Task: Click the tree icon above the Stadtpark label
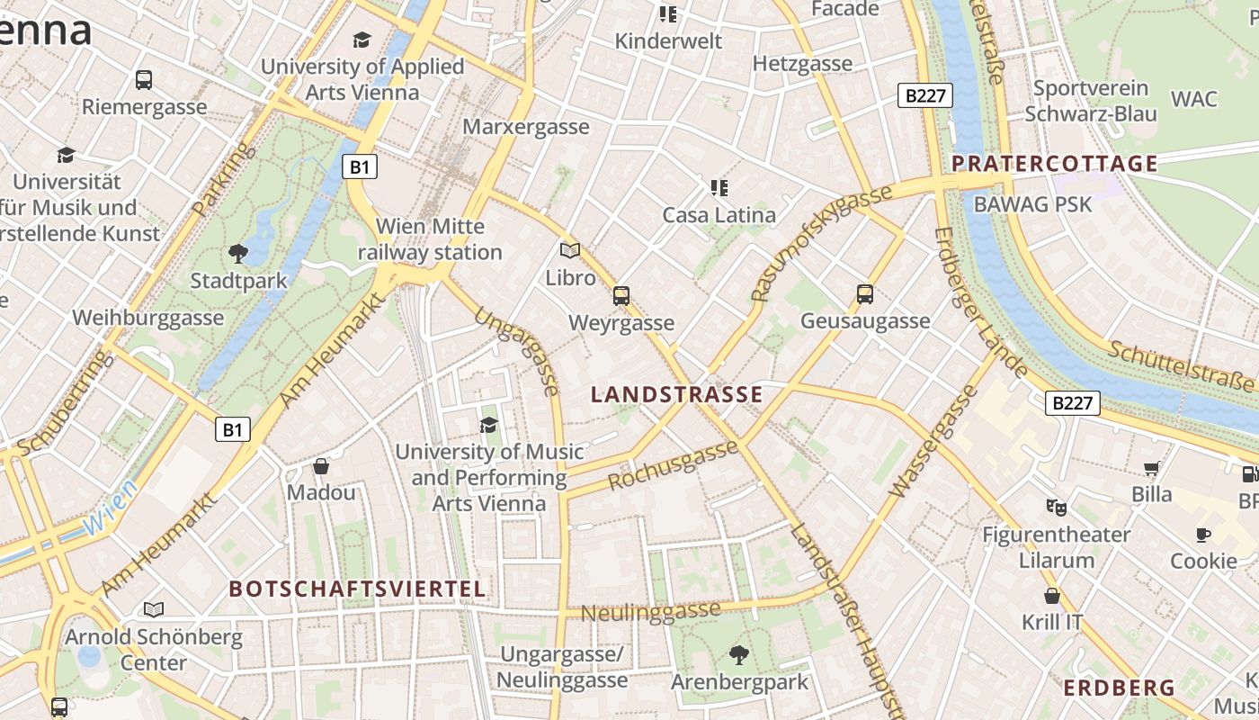(238, 253)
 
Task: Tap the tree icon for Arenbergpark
(739, 654)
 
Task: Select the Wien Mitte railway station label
(430, 239)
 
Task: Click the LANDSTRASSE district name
(676, 394)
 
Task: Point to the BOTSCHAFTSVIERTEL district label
(357, 589)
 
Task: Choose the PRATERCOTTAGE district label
(1054, 164)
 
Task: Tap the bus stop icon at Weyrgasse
(621, 295)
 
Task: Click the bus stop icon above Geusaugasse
(865, 293)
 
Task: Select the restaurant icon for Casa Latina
(719, 188)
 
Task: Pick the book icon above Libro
(570, 250)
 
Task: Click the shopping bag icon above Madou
(321, 466)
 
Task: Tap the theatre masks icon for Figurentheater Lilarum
(1056, 508)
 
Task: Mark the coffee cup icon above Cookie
(1203, 535)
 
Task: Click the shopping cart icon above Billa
(1151, 468)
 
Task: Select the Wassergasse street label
(933, 442)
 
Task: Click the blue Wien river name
(112, 508)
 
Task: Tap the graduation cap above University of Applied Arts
(362, 40)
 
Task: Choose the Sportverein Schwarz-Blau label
(1090, 101)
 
